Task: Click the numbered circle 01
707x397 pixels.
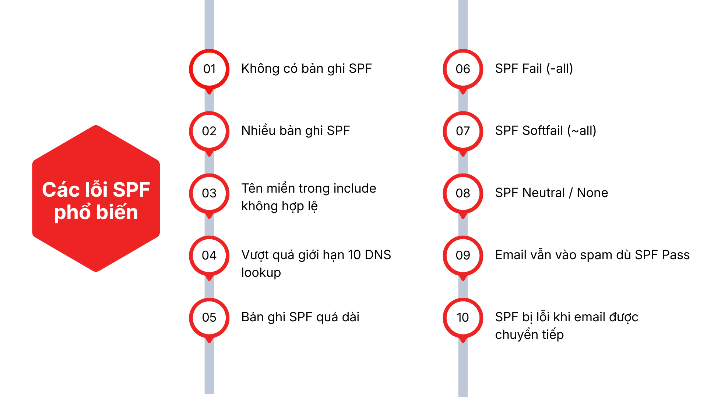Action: click(x=209, y=69)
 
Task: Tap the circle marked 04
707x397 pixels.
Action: click(x=209, y=255)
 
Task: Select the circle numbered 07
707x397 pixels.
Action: click(x=463, y=131)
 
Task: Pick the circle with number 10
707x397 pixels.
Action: click(x=463, y=318)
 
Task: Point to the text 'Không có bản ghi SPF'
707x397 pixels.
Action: click(x=306, y=69)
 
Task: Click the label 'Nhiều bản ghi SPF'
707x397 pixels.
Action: click(x=295, y=131)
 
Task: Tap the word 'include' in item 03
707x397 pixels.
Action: click(x=355, y=189)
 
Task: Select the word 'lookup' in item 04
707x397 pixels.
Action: click(x=261, y=273)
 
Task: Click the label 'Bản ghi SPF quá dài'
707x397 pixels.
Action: click(x=300, y=317)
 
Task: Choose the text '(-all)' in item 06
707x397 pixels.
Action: click(x=560, y=69)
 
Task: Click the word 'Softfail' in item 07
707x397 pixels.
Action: click(x=543, y=131)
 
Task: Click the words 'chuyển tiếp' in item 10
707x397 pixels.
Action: click(x=529, y=335)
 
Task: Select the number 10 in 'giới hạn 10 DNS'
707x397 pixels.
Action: click(x=354, y=255)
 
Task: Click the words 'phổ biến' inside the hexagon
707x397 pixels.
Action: click(x=96, y=213)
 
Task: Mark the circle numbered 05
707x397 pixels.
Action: click(x=209, y=318)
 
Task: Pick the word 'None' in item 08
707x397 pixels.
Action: click(x=592, y=193)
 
